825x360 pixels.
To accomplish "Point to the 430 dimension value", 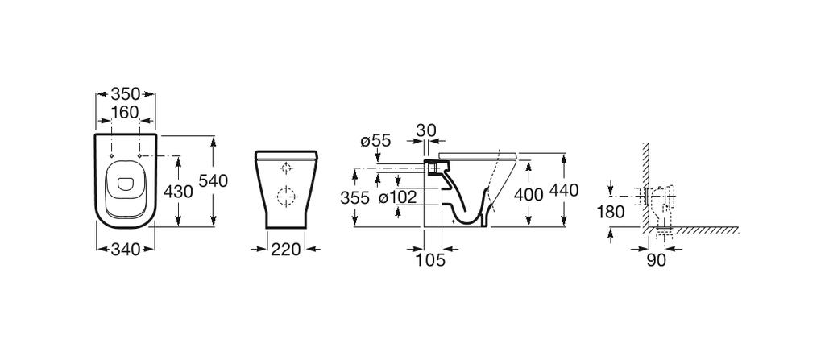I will tap(178, 192).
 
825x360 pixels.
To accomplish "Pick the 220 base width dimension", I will tap(285, 250).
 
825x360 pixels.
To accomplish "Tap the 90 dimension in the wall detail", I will tap(656, 260).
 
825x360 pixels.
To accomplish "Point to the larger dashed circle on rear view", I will tap(284, 196).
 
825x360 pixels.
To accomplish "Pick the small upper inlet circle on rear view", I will tap(284, 168).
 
